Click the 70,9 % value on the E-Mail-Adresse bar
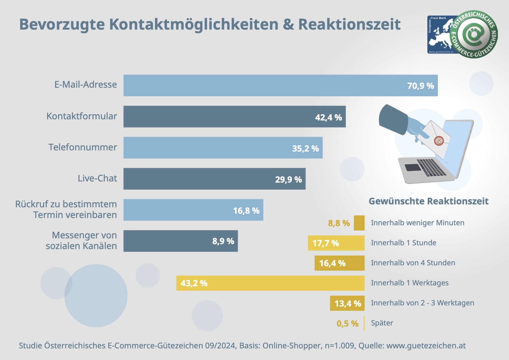click(x=420, y=86)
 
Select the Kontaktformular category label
click(x=82, y=116)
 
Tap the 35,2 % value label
click(x=305, y=149)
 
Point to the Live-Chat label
click(x=97, y=178)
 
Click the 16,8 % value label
click(x=246, y=211)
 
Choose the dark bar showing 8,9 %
click(x=180, y=241)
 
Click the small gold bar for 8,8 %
click(x=359, y=223)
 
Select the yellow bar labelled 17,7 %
click(x=336, y=243)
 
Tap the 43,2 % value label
click(x=194, y=283)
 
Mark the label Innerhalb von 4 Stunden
click(x=413, y=263)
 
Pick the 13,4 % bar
click(x=347, y=303)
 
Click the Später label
click(x=382, y=323)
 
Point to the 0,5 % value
click(x=348, y=324)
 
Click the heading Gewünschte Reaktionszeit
click(x=428, y=201)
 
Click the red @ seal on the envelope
click(x=439, y=141)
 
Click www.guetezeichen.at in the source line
click(x=426, y=346)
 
